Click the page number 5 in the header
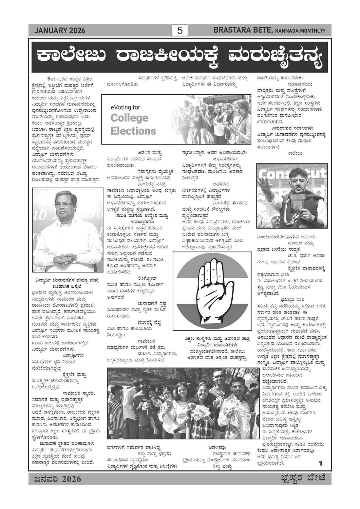(x=180, y=31)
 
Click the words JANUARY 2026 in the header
(x=59, y=31)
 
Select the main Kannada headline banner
(x=180, y=55)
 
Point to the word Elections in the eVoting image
(x=133, y=131)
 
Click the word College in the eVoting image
(x=129, y=118)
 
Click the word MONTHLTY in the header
(x=311, y=31)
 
